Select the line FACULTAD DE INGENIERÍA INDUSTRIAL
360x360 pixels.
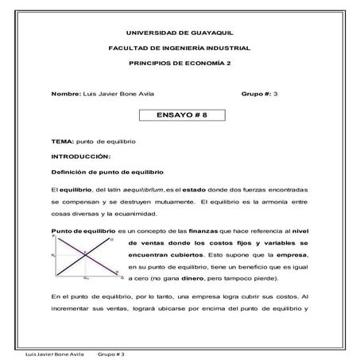(x=180, y=48)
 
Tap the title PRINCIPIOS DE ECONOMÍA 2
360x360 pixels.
(x=180, y=64)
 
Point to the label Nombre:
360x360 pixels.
(x=66, y=94)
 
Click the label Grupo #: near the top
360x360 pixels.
(x=255, y=94)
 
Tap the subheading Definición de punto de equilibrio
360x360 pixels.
(x=103, y=172)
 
